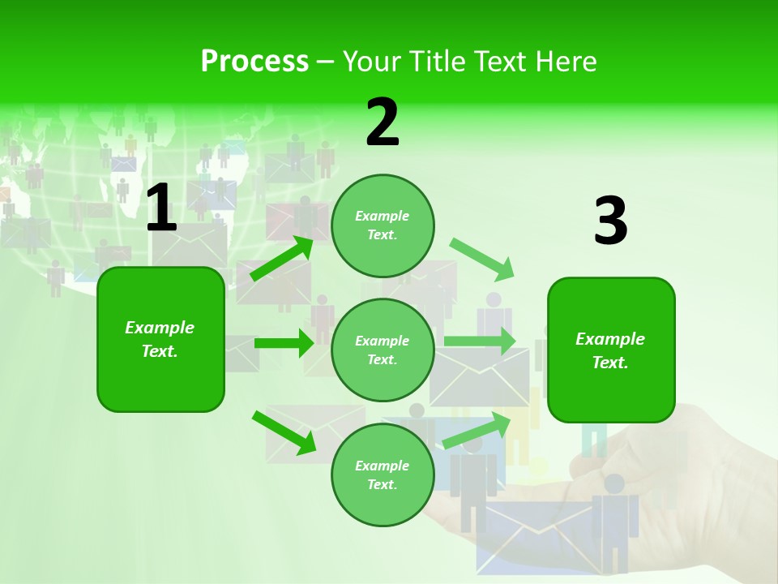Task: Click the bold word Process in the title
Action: pyautogui.click(x=254, y=61)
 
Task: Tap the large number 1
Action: pyautogui.click(x=160, y=208)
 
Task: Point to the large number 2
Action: pyautogui.click(x=383, y=122)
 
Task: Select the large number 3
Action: pyautogui.click(x=610, y=221)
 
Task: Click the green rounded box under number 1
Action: pyautogui.click(x=160, y=339)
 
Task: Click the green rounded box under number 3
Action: pyautogui.click(x=611, y=350)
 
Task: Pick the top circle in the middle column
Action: pyautogui.click(x=383, y=225)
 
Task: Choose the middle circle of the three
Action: pyautogui.click(x=383, y=350)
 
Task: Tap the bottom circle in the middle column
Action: pyautogui.click(x=383, y=474)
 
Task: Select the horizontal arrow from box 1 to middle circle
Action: pyautogui.click(x=284, y=343)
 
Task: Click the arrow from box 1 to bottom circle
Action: pyautogui.click(x=284, y=432)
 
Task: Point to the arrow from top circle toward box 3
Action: pyautogui.click(x=482, y=259)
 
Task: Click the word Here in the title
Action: pyautogui.click(x=565, y=61)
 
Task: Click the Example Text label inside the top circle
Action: pyautogui.click(x=383, y=225)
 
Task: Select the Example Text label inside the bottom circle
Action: pyautogui.click(x=383, y=474)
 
